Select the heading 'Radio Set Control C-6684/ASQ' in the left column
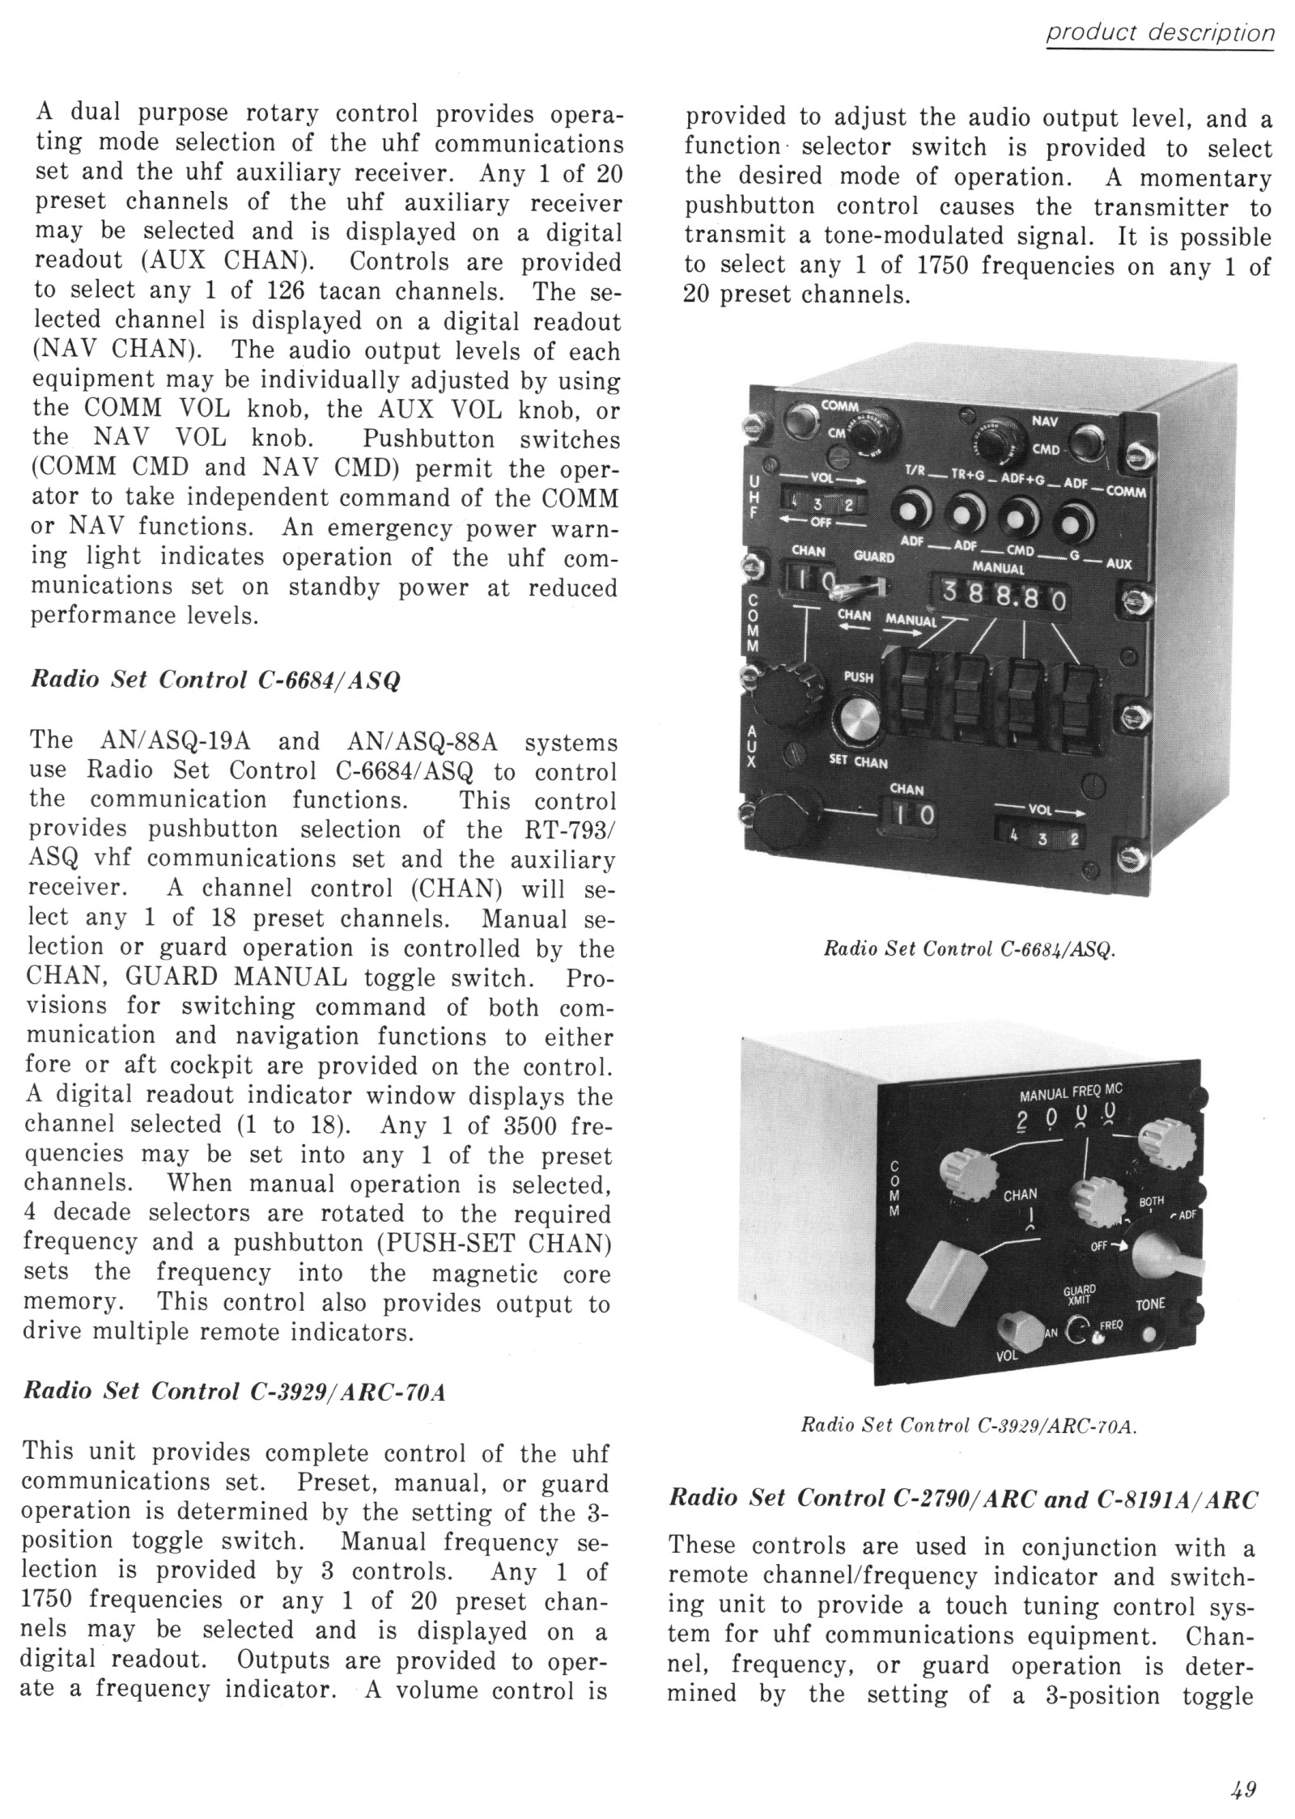tap(215, 681)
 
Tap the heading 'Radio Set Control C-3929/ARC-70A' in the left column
tap(236, 1391)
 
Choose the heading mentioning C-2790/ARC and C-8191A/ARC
tap(964, 1499)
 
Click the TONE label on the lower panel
tap(1150, 1304)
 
